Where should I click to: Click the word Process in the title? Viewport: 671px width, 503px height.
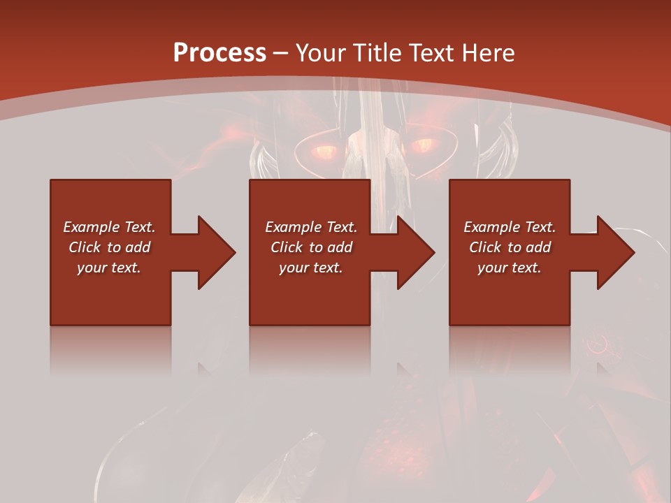point(219,53)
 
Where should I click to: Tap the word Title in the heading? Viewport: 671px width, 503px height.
point(375,53)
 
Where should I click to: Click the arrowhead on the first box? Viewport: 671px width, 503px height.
point(217,252)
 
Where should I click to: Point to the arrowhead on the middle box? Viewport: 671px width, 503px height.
point(417,252)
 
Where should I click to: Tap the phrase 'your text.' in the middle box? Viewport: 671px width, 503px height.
point(310,268)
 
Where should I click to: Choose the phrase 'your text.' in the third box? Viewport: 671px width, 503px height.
point(509,268)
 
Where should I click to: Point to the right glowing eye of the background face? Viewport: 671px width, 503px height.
point(422,145)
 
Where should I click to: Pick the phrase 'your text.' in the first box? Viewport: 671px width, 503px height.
point(108,268)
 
